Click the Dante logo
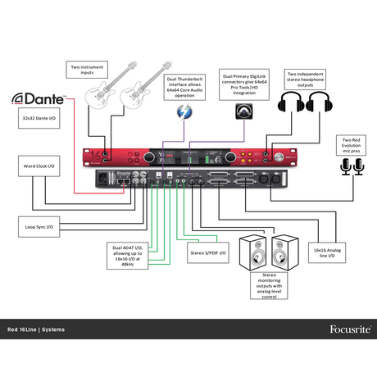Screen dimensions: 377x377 pos(39,99)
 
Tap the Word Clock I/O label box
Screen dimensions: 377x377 pos(39,167)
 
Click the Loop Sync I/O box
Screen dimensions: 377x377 pos(39,226)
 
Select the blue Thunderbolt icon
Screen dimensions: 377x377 pos(181,111)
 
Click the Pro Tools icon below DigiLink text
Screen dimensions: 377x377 pos(243,111)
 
